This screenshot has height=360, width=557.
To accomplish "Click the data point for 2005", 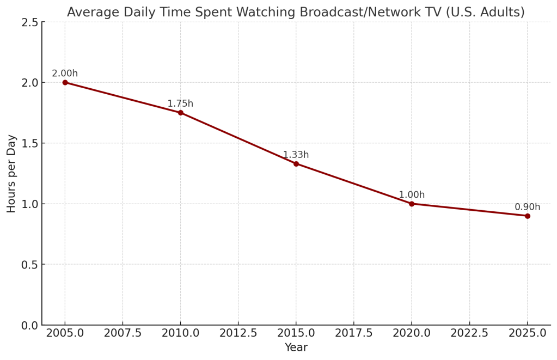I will coord(65,82).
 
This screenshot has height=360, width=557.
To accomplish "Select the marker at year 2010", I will coord(180,113).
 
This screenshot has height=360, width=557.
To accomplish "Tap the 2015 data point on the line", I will coord(296,163).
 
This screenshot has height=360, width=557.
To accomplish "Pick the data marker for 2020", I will coord(412,204).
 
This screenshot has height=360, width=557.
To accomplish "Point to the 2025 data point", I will coord(527,216).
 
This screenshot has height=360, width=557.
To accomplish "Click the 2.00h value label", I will coord(65,74).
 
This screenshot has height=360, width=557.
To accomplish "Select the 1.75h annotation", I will coord(180,103).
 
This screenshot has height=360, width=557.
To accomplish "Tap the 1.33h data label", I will coord(296,155).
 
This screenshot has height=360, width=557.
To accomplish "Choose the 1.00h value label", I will coord(412,195).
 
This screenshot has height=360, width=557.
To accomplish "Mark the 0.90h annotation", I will coord(527,207).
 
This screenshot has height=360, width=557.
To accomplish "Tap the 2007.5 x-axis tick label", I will coord(123,333).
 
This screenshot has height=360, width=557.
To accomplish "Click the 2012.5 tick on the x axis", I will coord(238,333).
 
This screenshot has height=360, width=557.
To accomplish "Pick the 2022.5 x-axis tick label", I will coord(469,333).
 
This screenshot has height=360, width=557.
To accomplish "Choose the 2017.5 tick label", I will coord(354,333).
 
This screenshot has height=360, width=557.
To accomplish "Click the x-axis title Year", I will coord(296,347).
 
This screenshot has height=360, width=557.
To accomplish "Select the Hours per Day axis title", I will coord(11,173).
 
